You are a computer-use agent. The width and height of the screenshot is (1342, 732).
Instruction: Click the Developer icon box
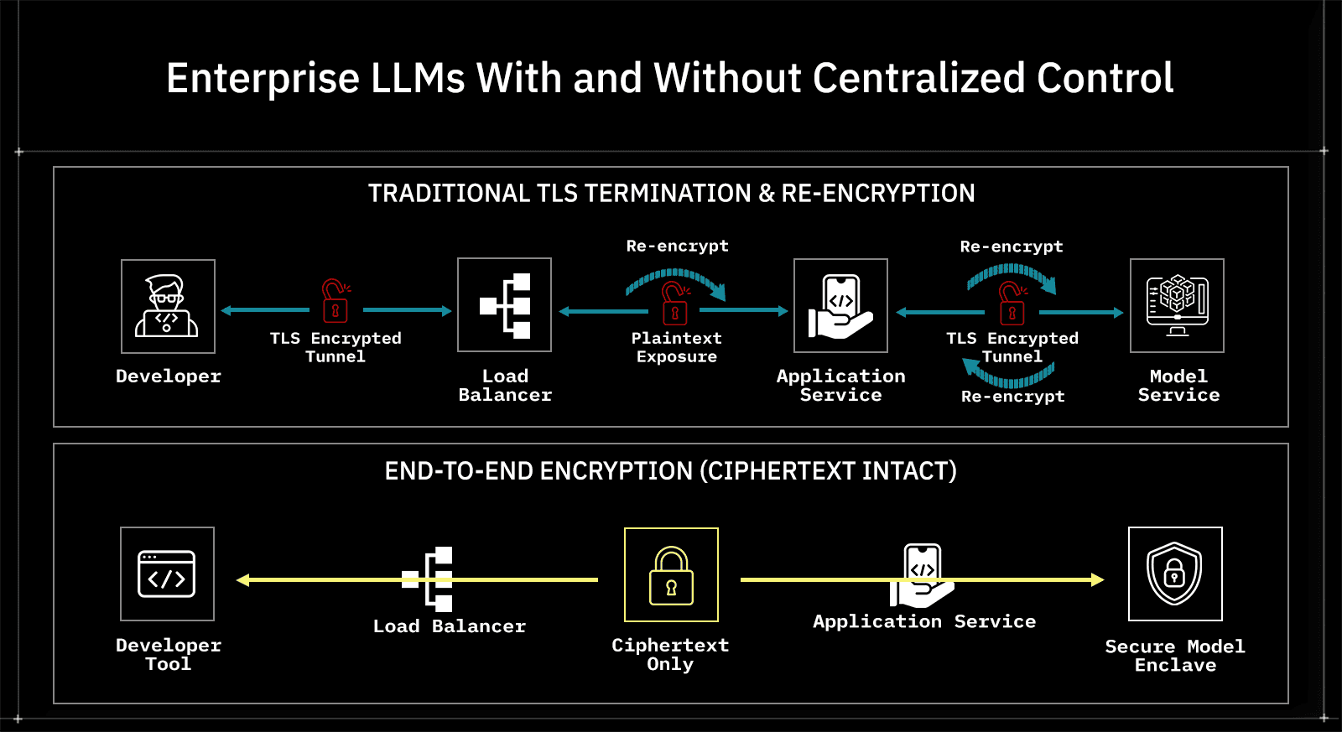[x=168, y=306]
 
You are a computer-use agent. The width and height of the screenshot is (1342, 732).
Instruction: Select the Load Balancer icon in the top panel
[x=504, y=305]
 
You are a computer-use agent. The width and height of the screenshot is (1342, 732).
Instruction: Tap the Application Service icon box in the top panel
[x=840, y=306]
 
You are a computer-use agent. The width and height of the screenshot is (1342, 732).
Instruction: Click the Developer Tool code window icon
[x=167, y=574]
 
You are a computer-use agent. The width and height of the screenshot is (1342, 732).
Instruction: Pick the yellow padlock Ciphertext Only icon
[x=671, y=575]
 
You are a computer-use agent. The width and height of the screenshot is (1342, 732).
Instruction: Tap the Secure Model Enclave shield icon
[x=1175, y=574]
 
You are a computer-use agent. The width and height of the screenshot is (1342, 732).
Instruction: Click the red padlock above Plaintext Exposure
[x=674, y=304]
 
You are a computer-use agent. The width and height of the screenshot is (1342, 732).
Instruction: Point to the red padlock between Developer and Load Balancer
[x=335, y=301]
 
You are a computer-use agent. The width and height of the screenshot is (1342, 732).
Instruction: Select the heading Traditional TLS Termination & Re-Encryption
[x=671, y=194]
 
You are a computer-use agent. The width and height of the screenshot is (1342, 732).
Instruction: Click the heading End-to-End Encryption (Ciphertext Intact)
[x=671, y=471]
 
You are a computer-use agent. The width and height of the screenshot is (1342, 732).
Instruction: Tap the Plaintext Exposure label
[x=676, y=347]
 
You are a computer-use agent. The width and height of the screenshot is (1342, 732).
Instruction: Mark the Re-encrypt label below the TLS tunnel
[x=1012, y=397]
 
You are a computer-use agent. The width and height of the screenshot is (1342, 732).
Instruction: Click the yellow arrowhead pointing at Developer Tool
[x=242, y=579]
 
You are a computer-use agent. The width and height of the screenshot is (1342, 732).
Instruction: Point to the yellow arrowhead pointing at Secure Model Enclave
[x=1098, y=579]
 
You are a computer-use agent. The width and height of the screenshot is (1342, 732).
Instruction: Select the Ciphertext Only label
[x=670, y=655]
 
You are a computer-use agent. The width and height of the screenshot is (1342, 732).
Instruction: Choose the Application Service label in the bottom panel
[x=924, y=621]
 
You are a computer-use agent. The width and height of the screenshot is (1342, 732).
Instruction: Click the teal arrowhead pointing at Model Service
[x=1118, y=313]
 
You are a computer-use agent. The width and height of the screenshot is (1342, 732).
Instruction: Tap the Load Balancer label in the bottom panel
[x=450, y=626]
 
